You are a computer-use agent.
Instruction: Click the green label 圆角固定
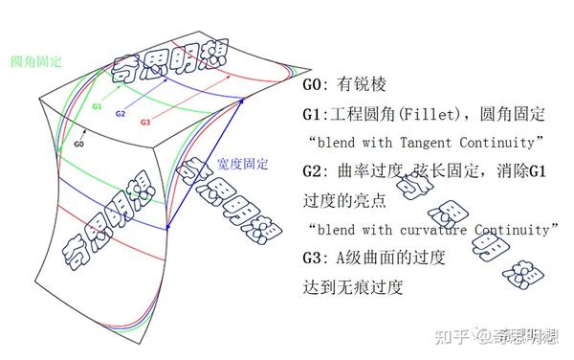pos(36,61)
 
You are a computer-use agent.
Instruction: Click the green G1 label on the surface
pos(97,107)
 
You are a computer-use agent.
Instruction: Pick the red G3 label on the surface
pos(145,123)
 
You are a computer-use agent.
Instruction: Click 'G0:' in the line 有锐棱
pos(317,85)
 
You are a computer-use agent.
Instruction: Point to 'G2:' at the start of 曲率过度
pos(317,172)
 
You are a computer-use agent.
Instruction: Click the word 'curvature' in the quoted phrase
pos(443,230)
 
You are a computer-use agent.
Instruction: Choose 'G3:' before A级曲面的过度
pos(317,258)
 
